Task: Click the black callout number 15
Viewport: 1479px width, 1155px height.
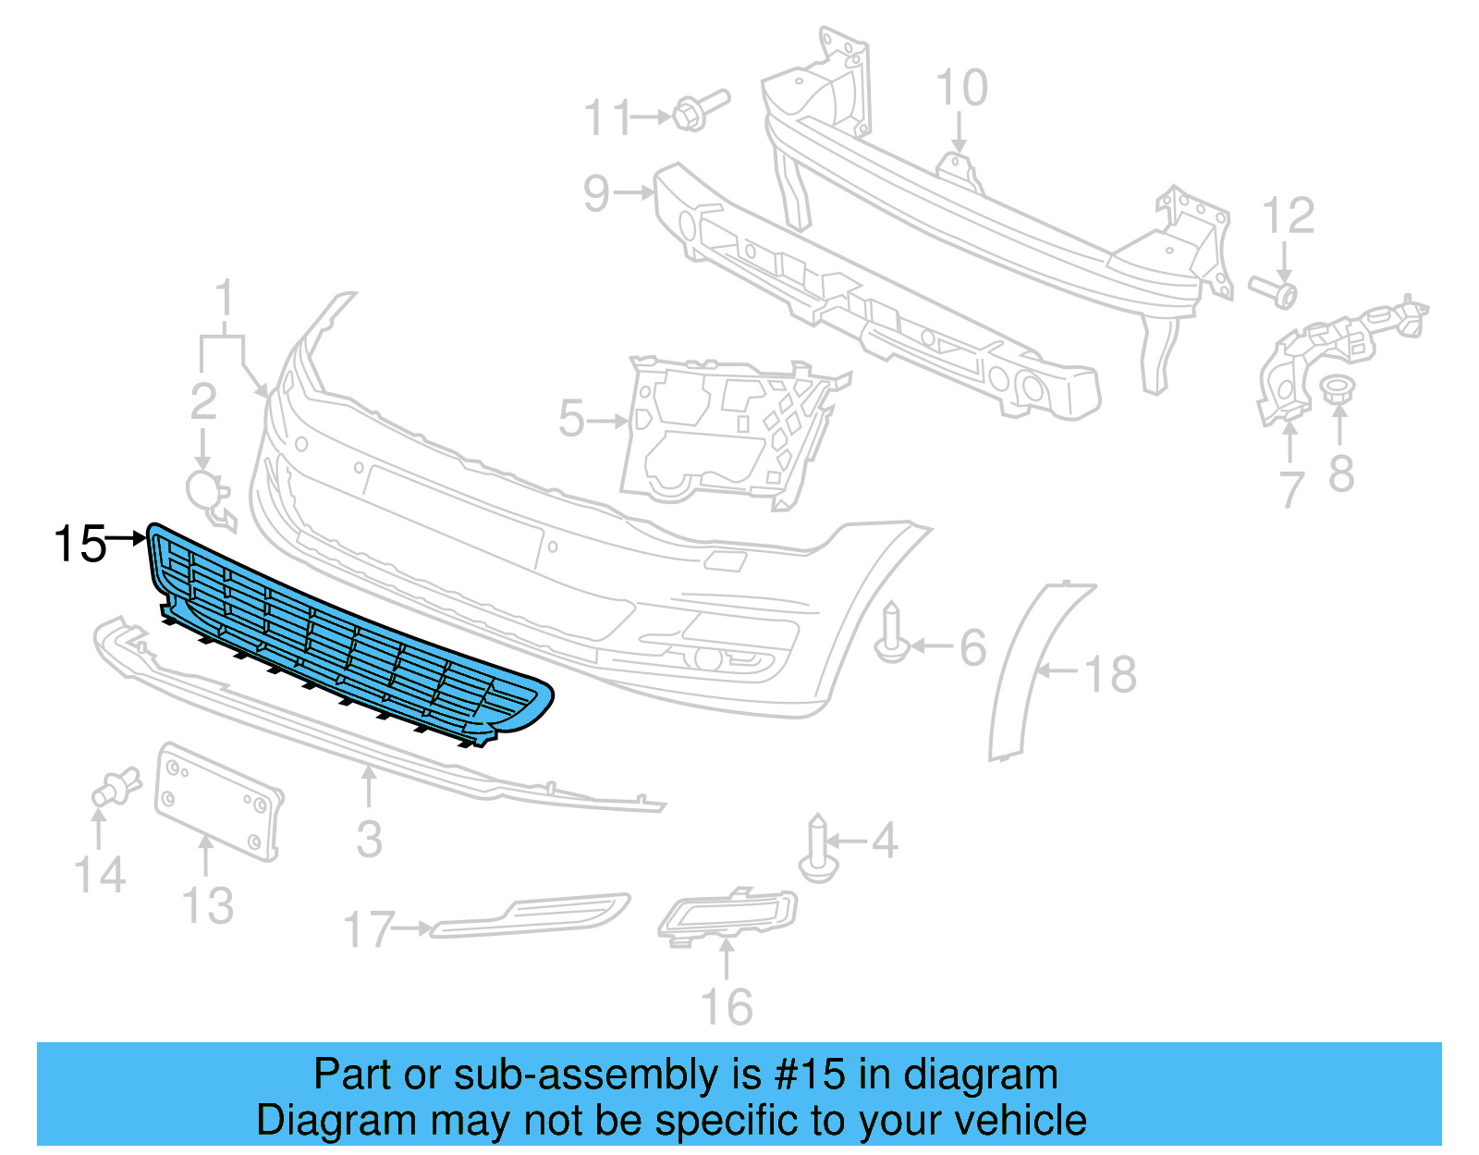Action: coord(80,544)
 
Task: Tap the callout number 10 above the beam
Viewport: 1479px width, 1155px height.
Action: coord(961,89)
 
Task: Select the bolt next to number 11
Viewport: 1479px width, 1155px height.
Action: coord(698,111)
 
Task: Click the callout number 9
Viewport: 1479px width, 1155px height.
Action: coord(597,194)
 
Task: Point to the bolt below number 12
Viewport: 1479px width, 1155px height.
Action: coord(1275,292)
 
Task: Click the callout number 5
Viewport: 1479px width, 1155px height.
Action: coord(571,420)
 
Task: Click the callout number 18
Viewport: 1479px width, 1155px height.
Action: coord(1110,674)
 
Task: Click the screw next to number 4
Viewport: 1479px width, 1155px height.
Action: coord(817,849)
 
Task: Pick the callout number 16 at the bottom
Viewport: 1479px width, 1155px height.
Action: coord(727,1007)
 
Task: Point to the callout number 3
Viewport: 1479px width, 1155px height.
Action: coord(369,840)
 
